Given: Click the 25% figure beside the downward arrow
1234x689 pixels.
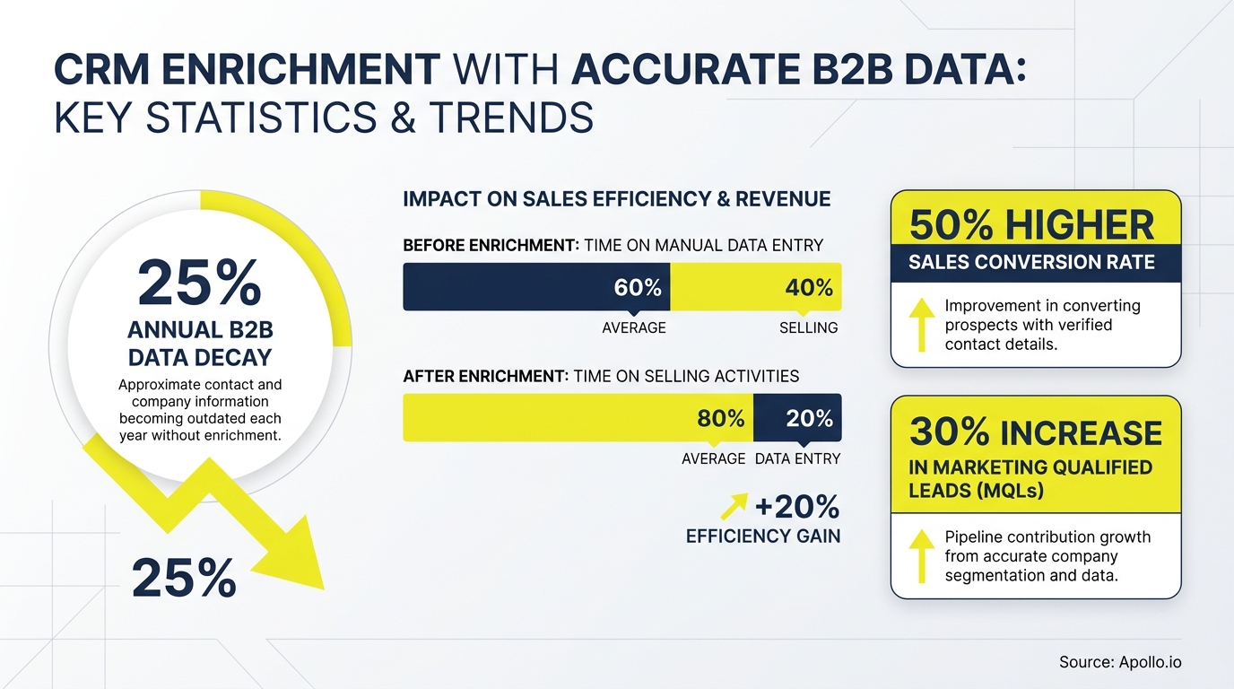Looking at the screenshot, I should pyautogui.click(x=184, y=579).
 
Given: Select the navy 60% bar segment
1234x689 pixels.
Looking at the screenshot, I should pyautogui.click(x=536, y=287).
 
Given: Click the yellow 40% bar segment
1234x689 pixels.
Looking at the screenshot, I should pyautogui.click(x=755, y=287).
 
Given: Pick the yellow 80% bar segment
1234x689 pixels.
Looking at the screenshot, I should pyautogui.click(x=578, y=418).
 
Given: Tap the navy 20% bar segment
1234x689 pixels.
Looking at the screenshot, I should pyautogui.click(x=797, y=418).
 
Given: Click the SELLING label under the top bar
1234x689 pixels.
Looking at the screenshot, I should pyautogui.click(x=808, y=328).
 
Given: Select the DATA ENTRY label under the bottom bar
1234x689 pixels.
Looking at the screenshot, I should pyautogui.click(x=797, y=458).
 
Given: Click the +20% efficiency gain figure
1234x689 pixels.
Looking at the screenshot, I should pyautogui.click(x=796, y=508).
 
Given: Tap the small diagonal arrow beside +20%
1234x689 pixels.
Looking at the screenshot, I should pyautogui.click(x=734, y=508).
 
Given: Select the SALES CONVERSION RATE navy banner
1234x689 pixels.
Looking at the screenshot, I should pyautogui.click(x=1035, y=264).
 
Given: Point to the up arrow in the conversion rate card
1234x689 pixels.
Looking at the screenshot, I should pyautogui.click(x=920, y=325).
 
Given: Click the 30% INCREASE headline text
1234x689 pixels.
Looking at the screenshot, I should pyautogui.click(x=1036, y=432).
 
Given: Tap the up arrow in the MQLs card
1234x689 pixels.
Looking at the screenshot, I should pyautogui.click(x=920, y=554).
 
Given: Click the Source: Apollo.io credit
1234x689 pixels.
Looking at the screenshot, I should pyautogui.click(x=1120, y=662).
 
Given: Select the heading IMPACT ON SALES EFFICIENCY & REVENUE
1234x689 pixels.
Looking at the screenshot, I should pyautogui.click(x=617, y=198).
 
